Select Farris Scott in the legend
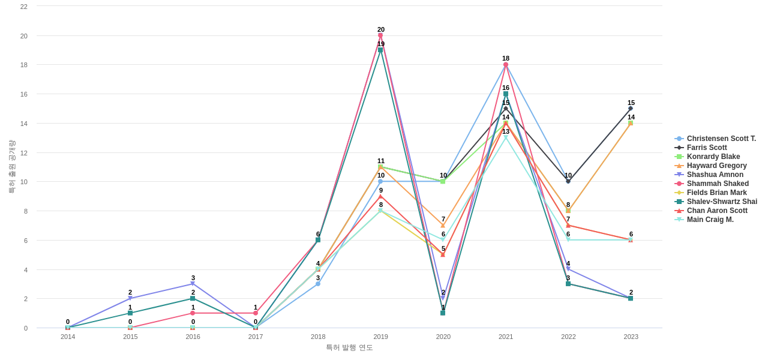pyautogui.click(x=706, y=148)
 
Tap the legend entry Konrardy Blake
pyautogui.click(x=713, y=157)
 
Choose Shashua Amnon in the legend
pyautogui.click(x=715, y=175)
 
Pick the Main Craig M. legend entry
pyautogui.click(x=710, y=220)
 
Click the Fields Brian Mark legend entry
pyautogui.click(x=716, y=193)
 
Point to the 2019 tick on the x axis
pyautogui.click(x=380, y=337)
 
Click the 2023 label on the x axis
pyautogui.click(x=631, y=337)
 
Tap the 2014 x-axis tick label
pyautogui.click(x=68, y=337)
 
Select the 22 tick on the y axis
pyautogui.click(x=24, y=7)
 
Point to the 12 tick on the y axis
pyautogui.click(x=24, y=153)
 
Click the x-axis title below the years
pyautogui.click(x=349, y=347)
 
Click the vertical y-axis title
pyautogui.click(x=11, y=167)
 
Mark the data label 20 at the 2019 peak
pyautogui.click(x=381, y=29)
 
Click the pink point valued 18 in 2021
pyautogui.click(x=506, y=65)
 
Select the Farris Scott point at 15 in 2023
pyautogui.click(x=631, y=109)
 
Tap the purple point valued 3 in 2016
pyautogui.click(x=193, y=284)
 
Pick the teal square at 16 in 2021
pyautogui.click(x=506, y=94)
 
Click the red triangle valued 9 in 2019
pyautogui.click(x=380, y=196)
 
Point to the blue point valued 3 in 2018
pyautogui.click(x=318, y=284)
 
